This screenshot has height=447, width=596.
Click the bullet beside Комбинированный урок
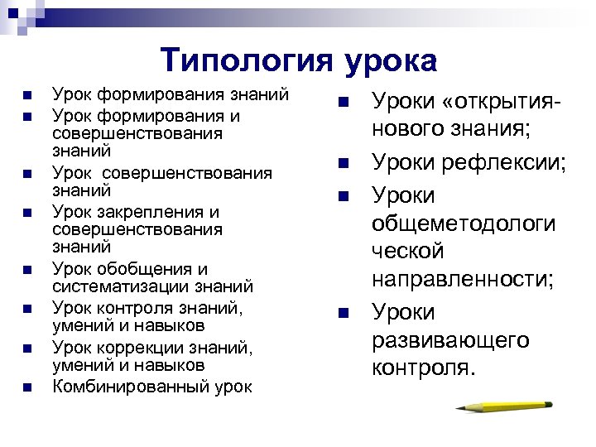(x=27, y=387)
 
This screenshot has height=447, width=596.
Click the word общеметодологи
(x=463, y=223)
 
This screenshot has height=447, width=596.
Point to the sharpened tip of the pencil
(x=457, y=407)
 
